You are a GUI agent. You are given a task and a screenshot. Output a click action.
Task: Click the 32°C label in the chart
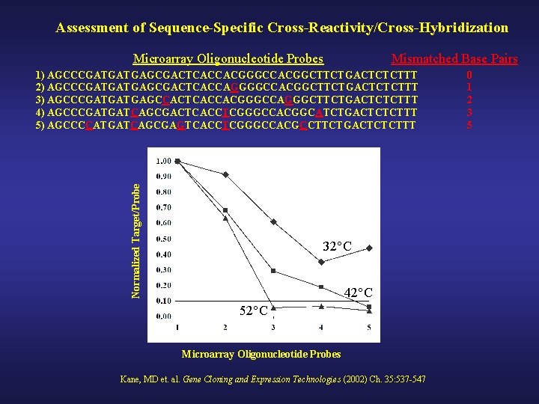tap(337, 246)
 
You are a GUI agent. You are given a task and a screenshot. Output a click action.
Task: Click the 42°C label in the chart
tap(358, 293)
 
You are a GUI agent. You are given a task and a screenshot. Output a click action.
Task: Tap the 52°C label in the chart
tap(254, 310)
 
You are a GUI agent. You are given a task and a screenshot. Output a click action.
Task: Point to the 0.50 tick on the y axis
tap(163, 239)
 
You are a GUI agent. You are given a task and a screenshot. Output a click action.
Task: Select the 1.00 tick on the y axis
tap(163, 161)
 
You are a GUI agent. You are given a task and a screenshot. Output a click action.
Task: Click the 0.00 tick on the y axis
tap(163, 316)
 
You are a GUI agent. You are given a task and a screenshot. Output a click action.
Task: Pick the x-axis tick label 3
tap(273, 328)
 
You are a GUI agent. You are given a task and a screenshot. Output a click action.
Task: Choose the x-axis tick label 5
tap(369, 328)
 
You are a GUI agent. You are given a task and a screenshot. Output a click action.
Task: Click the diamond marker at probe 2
tap(225, 174)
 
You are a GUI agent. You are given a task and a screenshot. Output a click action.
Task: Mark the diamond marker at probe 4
tap(321, 263)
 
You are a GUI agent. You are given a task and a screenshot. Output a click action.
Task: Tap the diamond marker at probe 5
tap(369, 248)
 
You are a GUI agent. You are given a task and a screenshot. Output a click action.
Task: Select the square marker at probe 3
tap(273, 271)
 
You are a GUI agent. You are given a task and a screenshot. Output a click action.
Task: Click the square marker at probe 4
tap(321, 287)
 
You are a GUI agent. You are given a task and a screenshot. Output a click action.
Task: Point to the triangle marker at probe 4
tap(321, 306)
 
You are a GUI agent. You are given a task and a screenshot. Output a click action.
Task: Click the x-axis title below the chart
tap(261, 354)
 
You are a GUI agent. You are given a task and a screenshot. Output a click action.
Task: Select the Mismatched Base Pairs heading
tap(454, 58)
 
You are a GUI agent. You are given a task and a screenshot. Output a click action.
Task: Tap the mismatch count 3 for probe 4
tap(469, 112)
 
